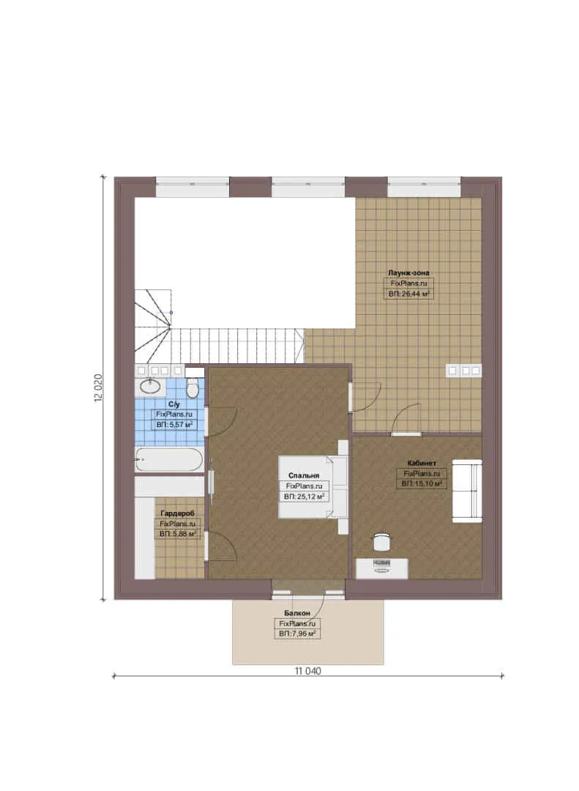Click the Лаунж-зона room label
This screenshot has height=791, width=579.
(x=408, y=273)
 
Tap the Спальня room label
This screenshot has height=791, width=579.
(x=304, y=475)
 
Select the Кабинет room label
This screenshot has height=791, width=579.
(x=422, y=463)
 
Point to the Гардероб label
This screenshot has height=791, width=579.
(x=177, y=513)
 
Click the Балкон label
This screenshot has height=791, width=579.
(x=297, y=613)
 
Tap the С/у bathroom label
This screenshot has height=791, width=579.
(x=174, y=404)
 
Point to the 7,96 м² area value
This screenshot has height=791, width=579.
(x=302, y=634)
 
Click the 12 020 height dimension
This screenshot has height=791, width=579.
(x=98, y=388)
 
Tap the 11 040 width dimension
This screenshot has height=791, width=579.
(x=307, y=671)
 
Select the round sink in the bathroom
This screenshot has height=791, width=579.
(x=150, y=387)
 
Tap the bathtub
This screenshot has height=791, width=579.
(x=169, y=459)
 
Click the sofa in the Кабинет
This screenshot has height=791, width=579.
(x=466, y=490)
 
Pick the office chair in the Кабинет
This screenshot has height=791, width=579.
(x=382, y=541)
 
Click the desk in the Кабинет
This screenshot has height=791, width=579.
(x=382, y=568)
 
